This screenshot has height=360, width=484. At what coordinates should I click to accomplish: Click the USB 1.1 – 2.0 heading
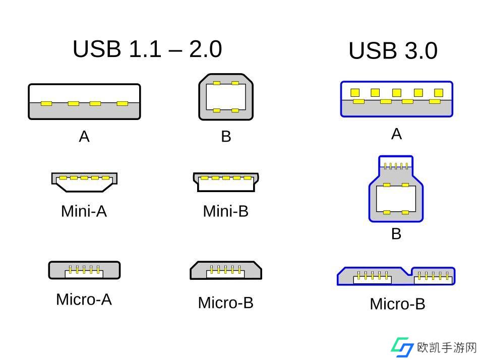pyautogui.click(x=147, y=49)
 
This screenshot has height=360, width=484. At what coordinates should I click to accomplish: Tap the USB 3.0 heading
pyautogui.click(x=393, y=50)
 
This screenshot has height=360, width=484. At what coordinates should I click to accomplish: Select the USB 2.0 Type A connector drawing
pyautogui.click(x=84, y=101)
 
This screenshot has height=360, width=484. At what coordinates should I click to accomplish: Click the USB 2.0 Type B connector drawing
pyautogui.click(x=226, y=97)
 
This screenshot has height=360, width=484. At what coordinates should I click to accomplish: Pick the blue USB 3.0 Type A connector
pyautogui.click(x=397, y=99)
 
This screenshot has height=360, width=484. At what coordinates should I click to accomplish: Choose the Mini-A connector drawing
pyautogui.click(x=84, y=182)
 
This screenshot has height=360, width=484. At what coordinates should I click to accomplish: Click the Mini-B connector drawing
pyautogui.click(x=226, y=182)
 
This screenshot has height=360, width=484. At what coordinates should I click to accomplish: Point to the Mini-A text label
pyautogui.click(x=84, y=211)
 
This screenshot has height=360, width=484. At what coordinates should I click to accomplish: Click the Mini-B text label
pyautogui.click(x=226, y=211)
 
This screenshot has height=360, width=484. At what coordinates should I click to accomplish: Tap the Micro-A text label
pyautogui.click(x=84, y=299)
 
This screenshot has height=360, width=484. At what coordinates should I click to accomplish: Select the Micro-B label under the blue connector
pyautogui.click(x=398, y=304)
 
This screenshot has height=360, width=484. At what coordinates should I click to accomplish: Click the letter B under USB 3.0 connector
pyautogui.click(x=396, y=234)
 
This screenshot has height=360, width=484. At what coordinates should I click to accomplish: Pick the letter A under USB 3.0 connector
pyautogui.click(x=397, y=134)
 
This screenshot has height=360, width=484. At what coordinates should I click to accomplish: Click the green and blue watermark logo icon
pyautogui.click(x=402, y=347)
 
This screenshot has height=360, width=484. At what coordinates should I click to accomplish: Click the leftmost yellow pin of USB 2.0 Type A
pyautogui.click(x=46, y=104)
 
